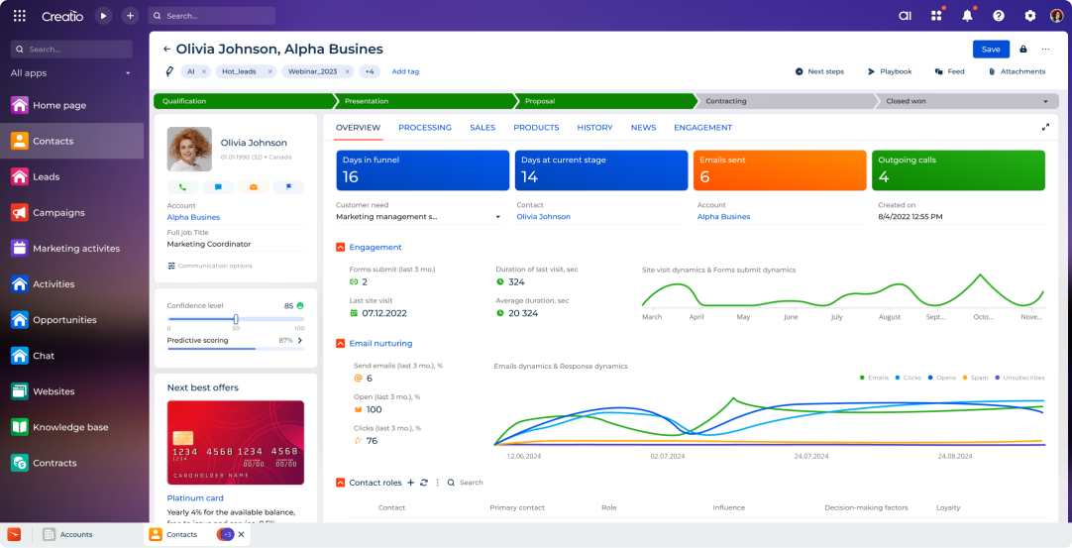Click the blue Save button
pos(991,49)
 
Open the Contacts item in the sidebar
pos(53,141)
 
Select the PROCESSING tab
pos(424,128)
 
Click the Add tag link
pos(405,71)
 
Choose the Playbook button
pos(890,71)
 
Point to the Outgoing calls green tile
pos(958,170)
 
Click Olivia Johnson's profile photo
pos(189,149)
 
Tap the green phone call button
pos(182,186)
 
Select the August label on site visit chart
pos(889,317)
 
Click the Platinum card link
pos(195,498)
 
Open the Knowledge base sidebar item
pos(70,427)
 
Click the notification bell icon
pos(967,16)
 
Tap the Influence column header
pos(728,507)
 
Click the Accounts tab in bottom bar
pos(75,534)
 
